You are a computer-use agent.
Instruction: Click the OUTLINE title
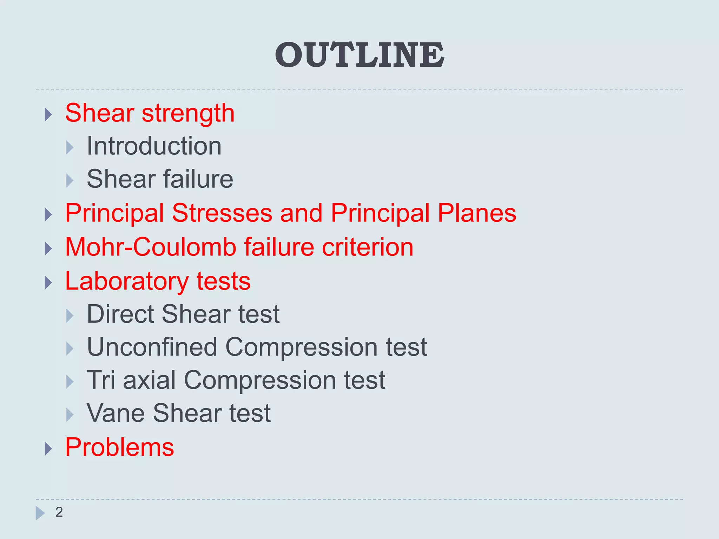[359, 55]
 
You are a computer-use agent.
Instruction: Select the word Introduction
[154, 146]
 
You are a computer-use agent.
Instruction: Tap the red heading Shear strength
[150, 113]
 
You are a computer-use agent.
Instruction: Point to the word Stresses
[222, 213]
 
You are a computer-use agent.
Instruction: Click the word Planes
[477, 213]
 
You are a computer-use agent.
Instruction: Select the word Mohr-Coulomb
[151, 247]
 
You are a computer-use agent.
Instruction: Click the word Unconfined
[152, 347]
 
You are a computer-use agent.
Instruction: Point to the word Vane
[116, 413]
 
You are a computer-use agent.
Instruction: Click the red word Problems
[119, 447]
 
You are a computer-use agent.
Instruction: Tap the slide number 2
[59, 512]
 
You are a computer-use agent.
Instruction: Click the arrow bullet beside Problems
[48, 449]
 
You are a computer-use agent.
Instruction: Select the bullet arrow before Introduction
[70, 148]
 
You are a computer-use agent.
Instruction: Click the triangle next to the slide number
[40, 513]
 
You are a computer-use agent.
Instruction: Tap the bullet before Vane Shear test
[70, 415]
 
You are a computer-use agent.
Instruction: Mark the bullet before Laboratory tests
[48, 283]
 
